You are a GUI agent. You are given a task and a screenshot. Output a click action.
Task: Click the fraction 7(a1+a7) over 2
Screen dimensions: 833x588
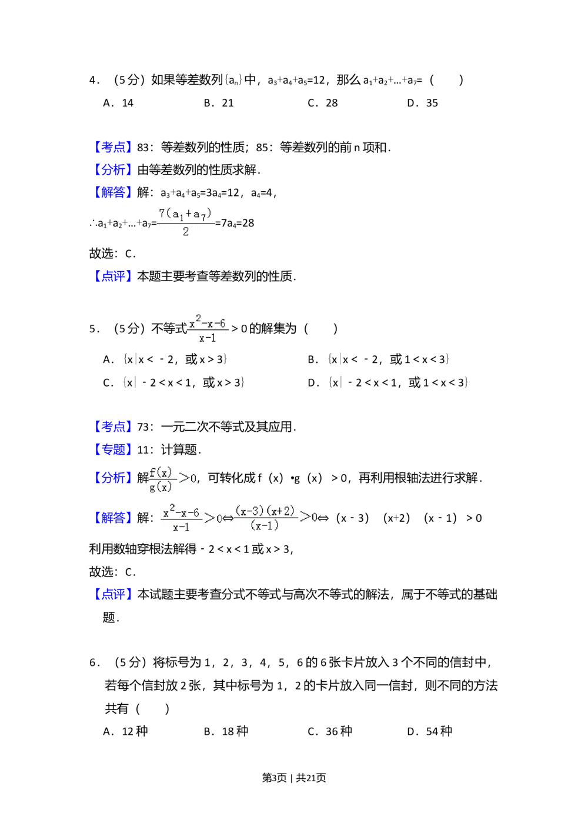coord(185,223)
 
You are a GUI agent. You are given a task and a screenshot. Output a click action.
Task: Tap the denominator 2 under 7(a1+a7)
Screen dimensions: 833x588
coord(186,232)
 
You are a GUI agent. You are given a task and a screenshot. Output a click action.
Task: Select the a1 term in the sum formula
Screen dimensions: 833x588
coord(177,214)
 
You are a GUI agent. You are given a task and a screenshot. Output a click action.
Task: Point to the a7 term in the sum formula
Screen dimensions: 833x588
coord(199,215)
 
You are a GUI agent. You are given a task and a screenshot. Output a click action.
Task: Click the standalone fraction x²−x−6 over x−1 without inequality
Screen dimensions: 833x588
coord(207,329)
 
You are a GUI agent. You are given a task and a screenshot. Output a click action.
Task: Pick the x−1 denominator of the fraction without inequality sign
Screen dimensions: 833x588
coord(207,338)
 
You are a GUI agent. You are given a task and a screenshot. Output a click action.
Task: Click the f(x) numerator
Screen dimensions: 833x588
coord(160,472)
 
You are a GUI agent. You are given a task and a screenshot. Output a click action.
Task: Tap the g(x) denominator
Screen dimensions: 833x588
coord(160,487)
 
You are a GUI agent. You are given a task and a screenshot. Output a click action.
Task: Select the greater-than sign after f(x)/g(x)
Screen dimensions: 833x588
coord(185,478)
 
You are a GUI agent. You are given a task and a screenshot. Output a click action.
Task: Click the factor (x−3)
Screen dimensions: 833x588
coord(250,511)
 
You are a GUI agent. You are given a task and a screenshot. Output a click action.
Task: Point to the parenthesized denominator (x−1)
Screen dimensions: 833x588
coord(265,525)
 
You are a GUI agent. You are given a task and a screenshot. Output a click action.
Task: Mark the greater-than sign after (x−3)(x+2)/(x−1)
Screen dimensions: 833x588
coord(305,517)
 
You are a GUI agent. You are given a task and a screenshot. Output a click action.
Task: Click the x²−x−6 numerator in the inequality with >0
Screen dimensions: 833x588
coord(181,513)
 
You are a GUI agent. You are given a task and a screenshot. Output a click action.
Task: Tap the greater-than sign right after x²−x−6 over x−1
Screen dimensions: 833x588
coord(209,518)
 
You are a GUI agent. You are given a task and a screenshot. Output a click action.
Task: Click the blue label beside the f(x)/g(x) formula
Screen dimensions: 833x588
coord(112,478)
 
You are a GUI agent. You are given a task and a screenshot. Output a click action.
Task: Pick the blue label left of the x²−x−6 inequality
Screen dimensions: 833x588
coord(112,518)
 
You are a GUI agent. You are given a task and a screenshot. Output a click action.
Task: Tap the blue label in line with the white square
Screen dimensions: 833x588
coord(112,146)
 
